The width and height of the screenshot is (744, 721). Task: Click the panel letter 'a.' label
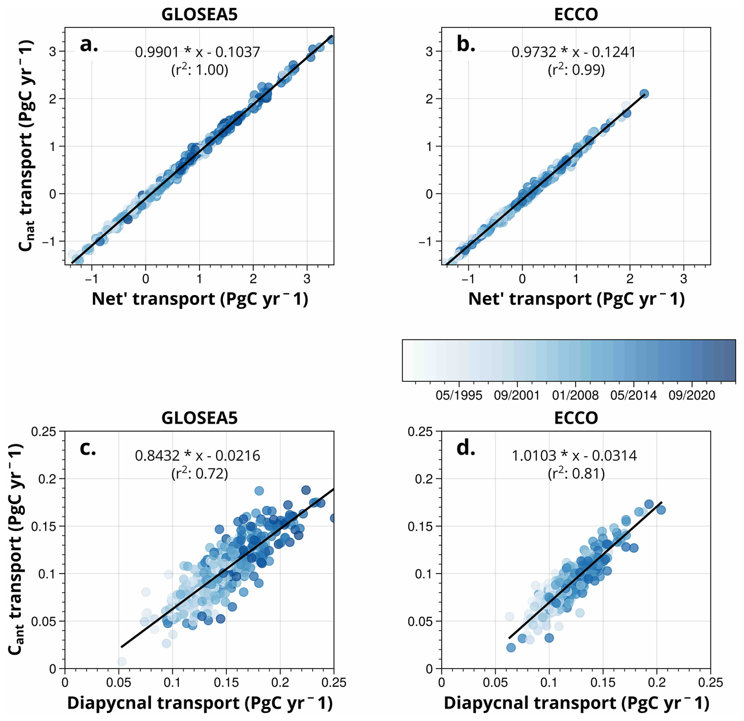point(88,45)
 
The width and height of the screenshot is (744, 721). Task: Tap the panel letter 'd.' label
point(466,448)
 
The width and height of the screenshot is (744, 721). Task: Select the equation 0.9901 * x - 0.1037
point(197,52)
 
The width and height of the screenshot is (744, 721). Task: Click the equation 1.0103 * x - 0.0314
point(574,455)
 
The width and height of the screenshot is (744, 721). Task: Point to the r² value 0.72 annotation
point(199,473)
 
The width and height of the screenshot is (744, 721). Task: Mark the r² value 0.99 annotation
point(576,70)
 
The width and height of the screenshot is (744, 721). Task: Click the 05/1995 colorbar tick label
point(459,395)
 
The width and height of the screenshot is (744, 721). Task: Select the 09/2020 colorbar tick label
point(692,395)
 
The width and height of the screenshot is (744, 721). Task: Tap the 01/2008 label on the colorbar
point(575,395)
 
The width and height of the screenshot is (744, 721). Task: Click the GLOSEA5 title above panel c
point(199,418)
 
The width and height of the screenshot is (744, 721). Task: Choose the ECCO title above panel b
point(576,15)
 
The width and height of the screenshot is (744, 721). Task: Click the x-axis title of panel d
point(576,703)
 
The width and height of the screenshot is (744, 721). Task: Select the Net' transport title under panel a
point(199,299)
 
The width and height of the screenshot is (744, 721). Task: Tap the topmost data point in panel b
point(644,94)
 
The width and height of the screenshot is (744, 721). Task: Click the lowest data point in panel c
point(122,662)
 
